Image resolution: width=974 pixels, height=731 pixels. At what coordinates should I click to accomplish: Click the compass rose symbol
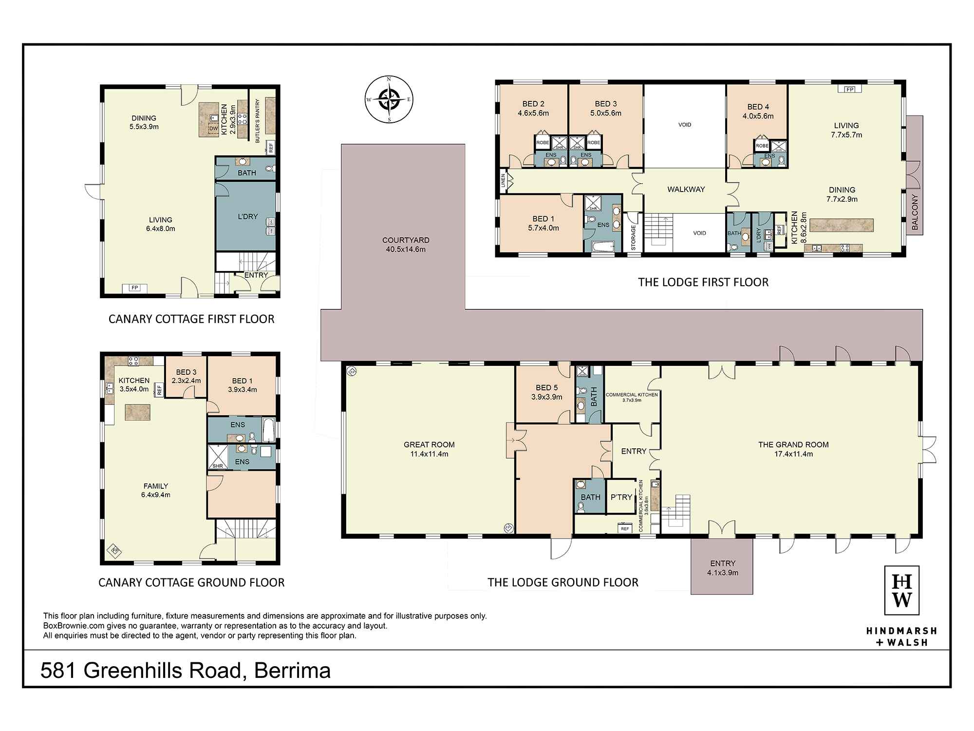tap(389, 99)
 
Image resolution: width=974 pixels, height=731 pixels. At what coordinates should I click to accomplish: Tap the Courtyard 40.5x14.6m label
tap(406, 245)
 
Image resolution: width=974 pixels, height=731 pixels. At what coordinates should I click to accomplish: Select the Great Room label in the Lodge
tap(429, 449)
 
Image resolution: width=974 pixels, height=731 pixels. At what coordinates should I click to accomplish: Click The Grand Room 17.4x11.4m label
tap(793, 449)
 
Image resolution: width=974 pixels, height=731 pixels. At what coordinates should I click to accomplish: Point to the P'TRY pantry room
tap(621, 497)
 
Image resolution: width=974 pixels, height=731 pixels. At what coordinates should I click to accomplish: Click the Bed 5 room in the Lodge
tap(546, 392)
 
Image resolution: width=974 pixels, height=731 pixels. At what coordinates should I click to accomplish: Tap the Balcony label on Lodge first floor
tap(915, 212)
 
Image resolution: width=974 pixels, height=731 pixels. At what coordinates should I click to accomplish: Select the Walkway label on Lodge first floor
tap(686, 190)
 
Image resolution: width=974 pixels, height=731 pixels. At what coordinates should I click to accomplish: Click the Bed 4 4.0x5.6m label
tap(758, 111)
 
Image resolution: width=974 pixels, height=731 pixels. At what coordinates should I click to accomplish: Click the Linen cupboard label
tap(504, 181)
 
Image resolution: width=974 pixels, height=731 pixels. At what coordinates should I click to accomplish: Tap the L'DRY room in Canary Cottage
tap(247, 216)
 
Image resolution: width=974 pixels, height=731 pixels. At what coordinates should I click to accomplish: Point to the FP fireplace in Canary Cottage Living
tap(135, 288)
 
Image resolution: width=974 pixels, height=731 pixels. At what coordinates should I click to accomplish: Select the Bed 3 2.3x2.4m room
tap(186, 376)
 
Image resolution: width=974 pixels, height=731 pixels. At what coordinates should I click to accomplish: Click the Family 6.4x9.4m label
tap(156, 490)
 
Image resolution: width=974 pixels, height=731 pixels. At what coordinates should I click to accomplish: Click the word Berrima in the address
tap(292, 671)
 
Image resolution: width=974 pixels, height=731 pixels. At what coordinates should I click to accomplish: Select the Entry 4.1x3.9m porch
tap(722, 568)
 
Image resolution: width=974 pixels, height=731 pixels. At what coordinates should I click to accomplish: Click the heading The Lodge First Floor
tap(703, 282)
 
